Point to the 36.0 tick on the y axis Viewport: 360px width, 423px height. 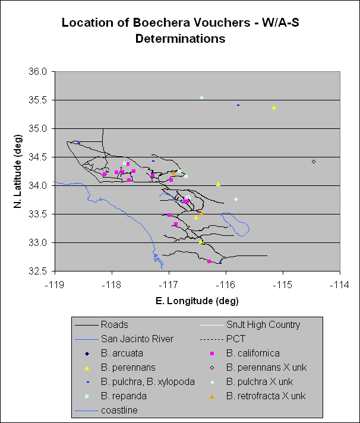43,72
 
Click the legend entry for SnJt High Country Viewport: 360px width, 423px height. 263,325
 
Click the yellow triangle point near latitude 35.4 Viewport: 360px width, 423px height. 274,108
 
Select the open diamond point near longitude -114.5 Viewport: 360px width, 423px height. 313,161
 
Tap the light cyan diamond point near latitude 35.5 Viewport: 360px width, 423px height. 202,97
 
